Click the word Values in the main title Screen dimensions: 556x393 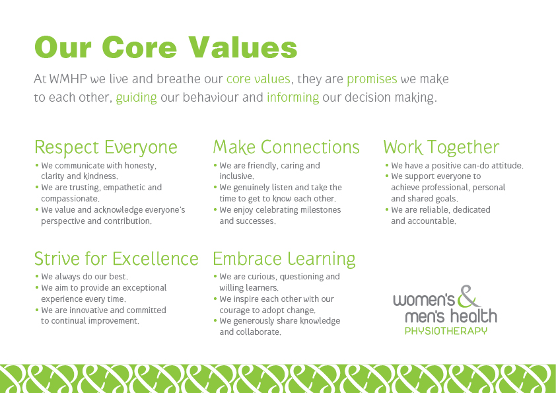click(x=242, y=47)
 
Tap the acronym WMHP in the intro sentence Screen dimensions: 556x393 click(x=68, y=79)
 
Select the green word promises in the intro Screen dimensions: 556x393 click(x=372, y=79)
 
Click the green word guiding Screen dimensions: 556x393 click(x=136, y=98)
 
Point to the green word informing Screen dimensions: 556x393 click(x=293, y=98)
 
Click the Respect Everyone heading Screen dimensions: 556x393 click(x=106, y=147)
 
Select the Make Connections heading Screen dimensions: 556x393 click(x=286, y=147)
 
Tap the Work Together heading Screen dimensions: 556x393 click(x=441, y=147)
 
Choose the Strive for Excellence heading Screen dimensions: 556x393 click(x=116, y=258)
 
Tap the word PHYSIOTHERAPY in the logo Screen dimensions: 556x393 click(x=446, y=331)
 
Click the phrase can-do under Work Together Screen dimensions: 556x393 click(x=477, y=166)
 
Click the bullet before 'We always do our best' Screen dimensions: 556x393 click(x=37, y=276)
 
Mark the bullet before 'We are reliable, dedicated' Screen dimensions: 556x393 click(x=387, y=209)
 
